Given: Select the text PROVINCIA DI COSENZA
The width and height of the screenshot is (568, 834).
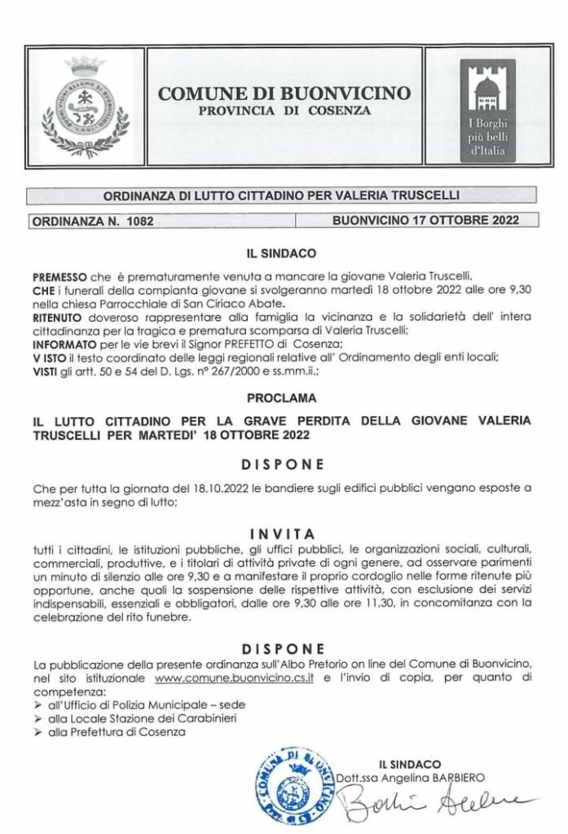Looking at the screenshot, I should (285, 109).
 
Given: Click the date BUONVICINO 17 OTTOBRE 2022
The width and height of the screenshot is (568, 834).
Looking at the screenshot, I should (425, 220).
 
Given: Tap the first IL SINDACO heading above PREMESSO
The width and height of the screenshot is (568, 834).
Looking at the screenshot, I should (285, 254).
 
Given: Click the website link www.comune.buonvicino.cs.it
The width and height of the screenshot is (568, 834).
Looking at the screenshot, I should (235, 677).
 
